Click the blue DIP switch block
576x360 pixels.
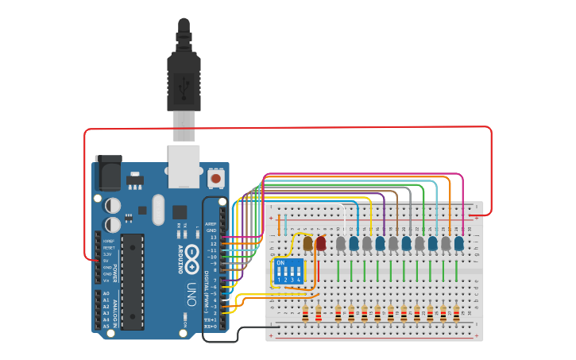point(288,272)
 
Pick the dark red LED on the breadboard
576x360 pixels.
point(321,243)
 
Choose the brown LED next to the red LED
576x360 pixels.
point(308,243)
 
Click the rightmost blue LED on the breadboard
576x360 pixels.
point(458,243)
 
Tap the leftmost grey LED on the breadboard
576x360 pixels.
point(341,243)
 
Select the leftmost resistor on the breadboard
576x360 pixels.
point(305,315)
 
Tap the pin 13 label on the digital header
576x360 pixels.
point(212,237)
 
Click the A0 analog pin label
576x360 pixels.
point(106,294)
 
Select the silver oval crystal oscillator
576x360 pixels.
point(159,210)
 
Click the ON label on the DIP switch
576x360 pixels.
point(280,262)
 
